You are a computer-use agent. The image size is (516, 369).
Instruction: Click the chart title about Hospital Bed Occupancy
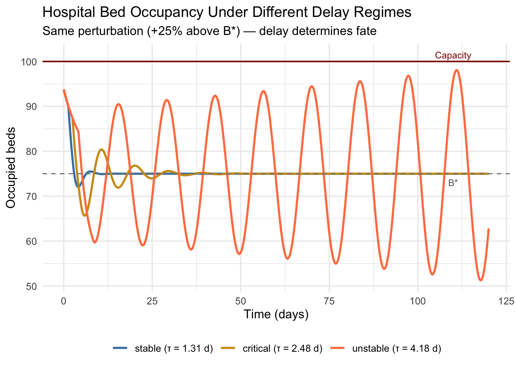[x=227, y=12]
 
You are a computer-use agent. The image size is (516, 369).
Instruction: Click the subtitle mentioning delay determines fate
[x=209, y=31]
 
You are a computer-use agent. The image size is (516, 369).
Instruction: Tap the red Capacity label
[x=453, y=55]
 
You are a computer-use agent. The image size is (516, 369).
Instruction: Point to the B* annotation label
[x=453, y=183]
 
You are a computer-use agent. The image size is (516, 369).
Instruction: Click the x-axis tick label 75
[x=329, y=301]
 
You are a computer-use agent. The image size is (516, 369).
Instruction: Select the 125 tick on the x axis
[x=506, y=301]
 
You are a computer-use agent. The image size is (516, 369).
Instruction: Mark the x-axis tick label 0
[x=64, y=301]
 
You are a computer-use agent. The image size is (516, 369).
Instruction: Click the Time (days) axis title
[x=276, y=314]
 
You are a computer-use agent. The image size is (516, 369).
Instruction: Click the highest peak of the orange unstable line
[x=456, y=70]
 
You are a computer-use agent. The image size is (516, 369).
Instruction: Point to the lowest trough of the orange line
[x=481, y=280]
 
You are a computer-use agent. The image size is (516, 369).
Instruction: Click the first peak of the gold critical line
[x=101, y=150]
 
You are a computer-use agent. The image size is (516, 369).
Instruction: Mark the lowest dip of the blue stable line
[x=78, y=187]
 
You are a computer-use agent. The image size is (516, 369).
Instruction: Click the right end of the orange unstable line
[x=488, y=229]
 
